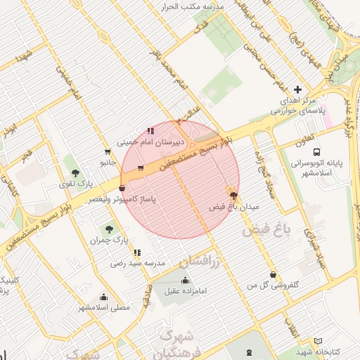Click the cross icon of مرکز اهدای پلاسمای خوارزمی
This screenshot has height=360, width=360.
[298, 89]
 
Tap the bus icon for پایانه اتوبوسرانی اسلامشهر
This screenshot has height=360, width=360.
[317, 151]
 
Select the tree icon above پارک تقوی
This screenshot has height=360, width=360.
[75, 172]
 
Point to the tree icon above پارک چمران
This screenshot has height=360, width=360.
[108, 229]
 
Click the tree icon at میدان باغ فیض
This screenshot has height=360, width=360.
[233, 195]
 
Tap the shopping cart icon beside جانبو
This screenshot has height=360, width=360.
[107, 151]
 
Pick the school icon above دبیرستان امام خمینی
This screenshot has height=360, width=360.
[150, 130]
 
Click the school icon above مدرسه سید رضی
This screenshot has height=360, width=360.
[137, 252]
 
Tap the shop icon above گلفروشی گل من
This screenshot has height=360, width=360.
[273, 275]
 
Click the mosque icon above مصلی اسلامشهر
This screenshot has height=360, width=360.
[104, 297]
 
